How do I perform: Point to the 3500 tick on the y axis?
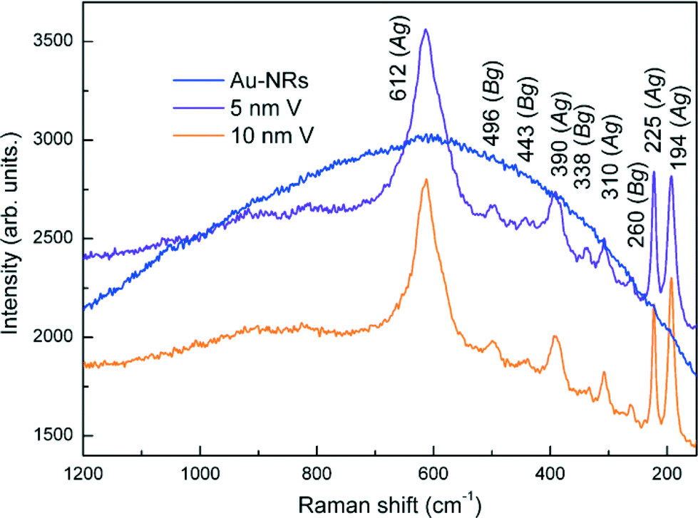point(56,41)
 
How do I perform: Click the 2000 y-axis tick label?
point(56,337)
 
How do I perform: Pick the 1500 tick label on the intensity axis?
point(56,435)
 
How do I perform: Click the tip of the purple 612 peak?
point(426,30)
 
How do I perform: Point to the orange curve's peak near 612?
point(426,180)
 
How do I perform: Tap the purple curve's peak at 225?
point(654,172)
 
